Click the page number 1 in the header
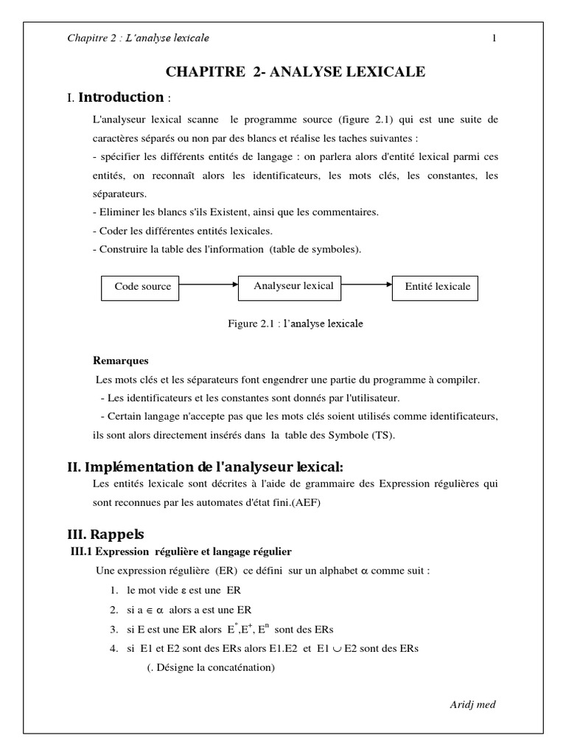pyautogui.click(x=494, y=38)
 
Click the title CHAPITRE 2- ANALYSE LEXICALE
pyautogui.click(x=296, y=72)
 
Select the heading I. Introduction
pyautogui.click(x=118, y=97)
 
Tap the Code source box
pyautogui.click(x=142, y=287)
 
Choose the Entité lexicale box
pyautogui.click(x=437, y=287)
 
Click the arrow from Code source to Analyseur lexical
pyautogui.click(x=209, y=284)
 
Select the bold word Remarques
pyautogui.click(x=121, y=361)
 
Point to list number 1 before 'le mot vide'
pyautogui.click(x=113, y=591)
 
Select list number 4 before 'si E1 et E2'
pyautogui.click(x=113, y=648)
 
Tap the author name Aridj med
pyautogui.click(x=472, y=704)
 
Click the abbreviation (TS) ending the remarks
pyautogui.click(x=384, y=434)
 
